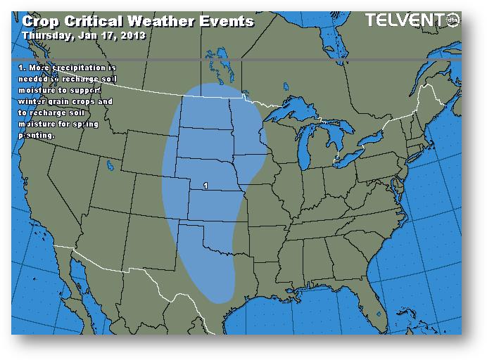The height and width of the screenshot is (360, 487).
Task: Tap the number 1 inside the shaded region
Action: click(x=204, y=186)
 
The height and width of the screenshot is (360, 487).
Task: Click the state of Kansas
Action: click(x=215, y=200)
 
